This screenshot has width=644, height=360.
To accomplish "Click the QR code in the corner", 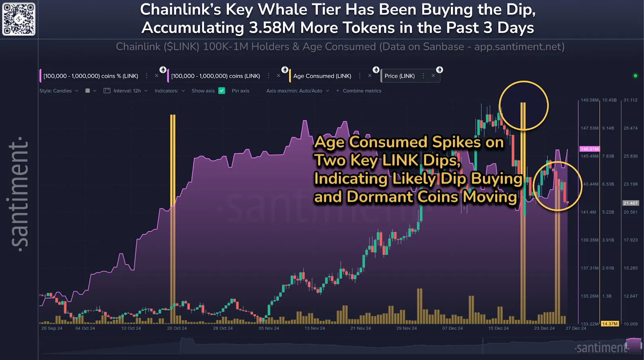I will (19, 19).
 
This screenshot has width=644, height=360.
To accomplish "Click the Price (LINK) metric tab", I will (399, 76).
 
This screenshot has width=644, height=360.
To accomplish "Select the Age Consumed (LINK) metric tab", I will (322, 76).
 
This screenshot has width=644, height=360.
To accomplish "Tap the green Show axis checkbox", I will (222, 91).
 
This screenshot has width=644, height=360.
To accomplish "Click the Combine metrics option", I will (361, 91).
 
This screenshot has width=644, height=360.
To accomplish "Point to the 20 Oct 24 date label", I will (177, 328).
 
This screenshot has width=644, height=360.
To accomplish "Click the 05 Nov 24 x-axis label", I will (268, 328).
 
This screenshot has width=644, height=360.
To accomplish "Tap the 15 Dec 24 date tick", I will (498, 328).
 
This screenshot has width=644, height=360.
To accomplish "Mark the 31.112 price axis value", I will (630, 100).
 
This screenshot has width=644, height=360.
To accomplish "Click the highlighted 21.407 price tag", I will (630, 203).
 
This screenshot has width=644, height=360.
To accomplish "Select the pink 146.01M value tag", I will (589, 149).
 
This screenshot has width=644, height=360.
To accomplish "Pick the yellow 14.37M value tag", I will (610, 324).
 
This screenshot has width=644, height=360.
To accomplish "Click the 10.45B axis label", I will (609, 100).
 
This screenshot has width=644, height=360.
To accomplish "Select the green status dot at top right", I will (636, 76).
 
